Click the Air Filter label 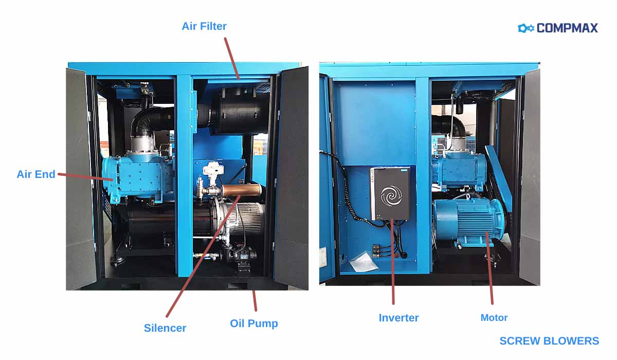pos(204,26)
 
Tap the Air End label pos(36,174)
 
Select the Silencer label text pos(165,328)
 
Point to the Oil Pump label pos(253,323)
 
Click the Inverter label pos(398,317)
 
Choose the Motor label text pos(494,317)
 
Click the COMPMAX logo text pos(567,28)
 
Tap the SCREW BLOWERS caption pos(549,340)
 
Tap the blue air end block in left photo pos(139,175)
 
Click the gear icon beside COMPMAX pos(526,28)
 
